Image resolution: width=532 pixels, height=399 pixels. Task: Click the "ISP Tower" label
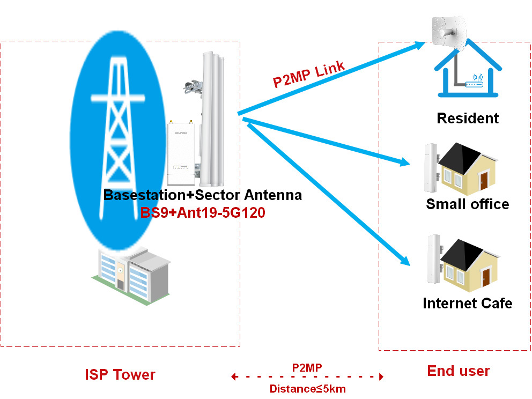point(120,374)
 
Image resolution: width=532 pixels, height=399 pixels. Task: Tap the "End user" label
point(459,371)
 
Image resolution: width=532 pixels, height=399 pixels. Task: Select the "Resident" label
point(468,119)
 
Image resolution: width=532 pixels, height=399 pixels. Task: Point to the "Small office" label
point(468,204)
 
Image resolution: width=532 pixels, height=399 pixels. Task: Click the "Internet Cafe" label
point(468,303)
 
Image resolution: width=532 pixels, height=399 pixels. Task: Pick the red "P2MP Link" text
point(309,75)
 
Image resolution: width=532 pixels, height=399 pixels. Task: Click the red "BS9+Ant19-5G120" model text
point(203,213)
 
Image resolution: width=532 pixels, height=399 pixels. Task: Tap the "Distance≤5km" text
point(308,389)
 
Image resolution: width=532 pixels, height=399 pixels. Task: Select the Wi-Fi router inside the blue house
point(474,82)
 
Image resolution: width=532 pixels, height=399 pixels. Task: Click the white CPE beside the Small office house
point(431,168)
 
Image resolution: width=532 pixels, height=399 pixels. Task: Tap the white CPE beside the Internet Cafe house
point(434,259)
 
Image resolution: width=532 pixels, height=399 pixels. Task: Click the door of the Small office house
point(484,180)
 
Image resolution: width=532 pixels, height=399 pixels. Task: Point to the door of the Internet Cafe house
point(486,277)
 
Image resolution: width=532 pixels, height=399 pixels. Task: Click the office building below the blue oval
point(131,276)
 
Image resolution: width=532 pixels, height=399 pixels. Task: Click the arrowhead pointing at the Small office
point(405,162)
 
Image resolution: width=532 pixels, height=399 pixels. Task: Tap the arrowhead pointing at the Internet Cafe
point(405,260)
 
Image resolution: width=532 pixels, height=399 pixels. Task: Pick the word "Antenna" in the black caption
point(273,195)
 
